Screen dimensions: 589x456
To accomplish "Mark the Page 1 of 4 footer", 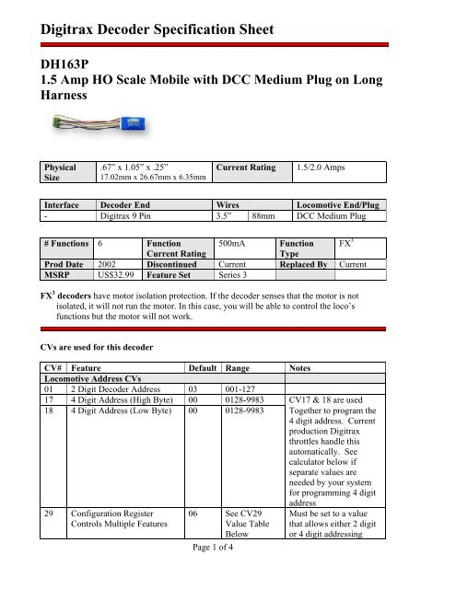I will tap(228, 575).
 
